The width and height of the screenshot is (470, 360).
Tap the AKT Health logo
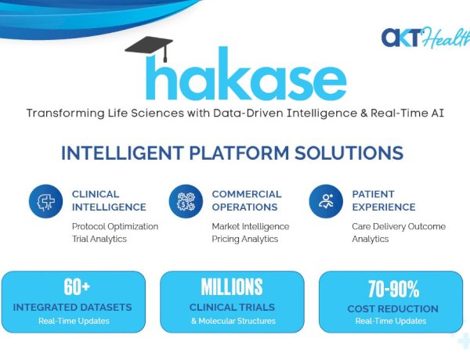(x=424, y=37)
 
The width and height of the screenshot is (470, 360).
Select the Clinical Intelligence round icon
(x=45, y=201)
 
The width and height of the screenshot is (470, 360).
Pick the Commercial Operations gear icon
(x=186, y=201)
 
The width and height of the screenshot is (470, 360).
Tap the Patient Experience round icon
(x=325, y=201)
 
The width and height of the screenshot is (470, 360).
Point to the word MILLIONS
(x=232, y=287)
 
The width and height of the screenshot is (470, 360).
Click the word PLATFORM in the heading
(x=239, y=153)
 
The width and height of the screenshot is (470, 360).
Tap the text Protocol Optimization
(x=115, y=227)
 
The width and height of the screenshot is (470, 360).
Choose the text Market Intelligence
(x=250, y=227)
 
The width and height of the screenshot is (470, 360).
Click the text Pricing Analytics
(x=244, y=239)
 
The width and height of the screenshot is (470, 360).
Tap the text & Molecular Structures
(x=233, y=322)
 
